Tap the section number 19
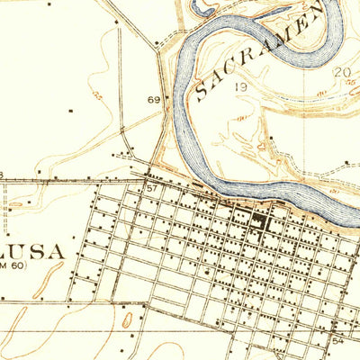(x=240, y=87)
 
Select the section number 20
(x=341, y=72)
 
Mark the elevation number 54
(x=338, y=342)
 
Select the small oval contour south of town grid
(x=127, y=319)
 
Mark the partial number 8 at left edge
(x=2, y=174)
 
